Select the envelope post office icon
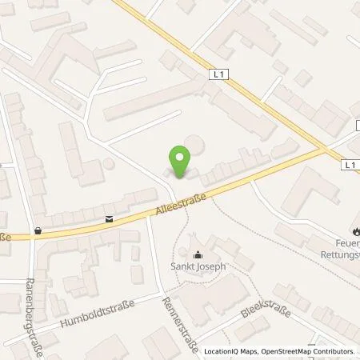(109, 218)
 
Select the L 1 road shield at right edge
(350, 165)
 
